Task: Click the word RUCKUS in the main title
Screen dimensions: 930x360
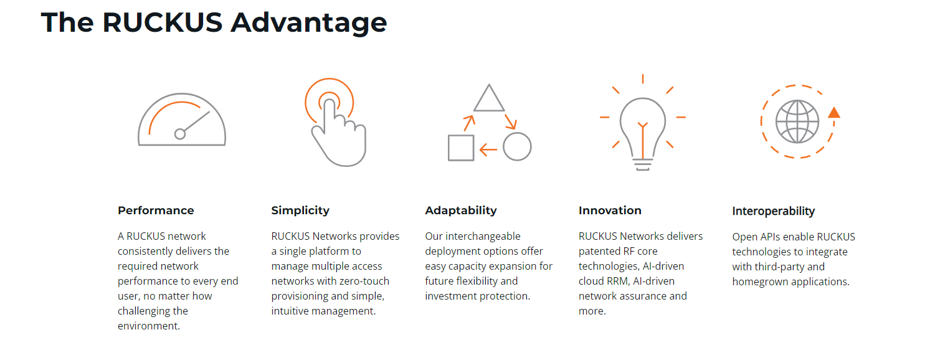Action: point(163,22)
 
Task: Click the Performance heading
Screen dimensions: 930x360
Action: point(156,211)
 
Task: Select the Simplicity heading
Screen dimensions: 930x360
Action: point(300,211)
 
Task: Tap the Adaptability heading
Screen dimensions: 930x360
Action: point(461,211)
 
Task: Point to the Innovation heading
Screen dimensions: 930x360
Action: point(610,211)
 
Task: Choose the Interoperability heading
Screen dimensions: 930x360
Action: point(774,211)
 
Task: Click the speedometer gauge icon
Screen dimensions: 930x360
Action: point(182,120)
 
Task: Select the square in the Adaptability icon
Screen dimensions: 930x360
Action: point(461,148)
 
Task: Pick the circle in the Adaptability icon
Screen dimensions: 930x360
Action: point(517,146)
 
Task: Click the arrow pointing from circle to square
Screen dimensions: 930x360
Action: point(488,149)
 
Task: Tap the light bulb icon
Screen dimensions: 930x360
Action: point(643,133)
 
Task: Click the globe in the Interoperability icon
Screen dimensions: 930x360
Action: point(797,121)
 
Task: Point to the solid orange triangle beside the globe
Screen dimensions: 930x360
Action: point(834,113)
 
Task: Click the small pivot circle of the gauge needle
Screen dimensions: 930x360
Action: point(180,134)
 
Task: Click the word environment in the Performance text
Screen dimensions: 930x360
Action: point(148,326)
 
